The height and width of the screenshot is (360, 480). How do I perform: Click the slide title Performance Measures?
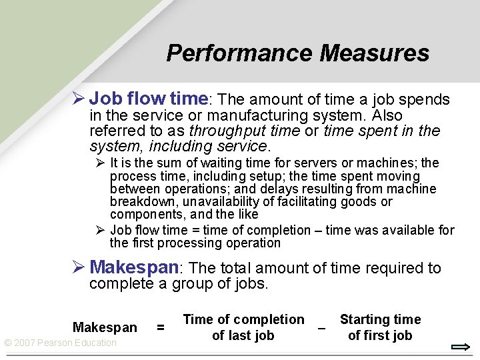297,53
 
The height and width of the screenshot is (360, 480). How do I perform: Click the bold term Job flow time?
149,99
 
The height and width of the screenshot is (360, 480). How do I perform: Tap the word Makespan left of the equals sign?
105,327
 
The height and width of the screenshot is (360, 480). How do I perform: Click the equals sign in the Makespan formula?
160,327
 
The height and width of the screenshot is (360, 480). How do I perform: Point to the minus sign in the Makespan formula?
322,328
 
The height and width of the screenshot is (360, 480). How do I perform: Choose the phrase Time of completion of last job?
243,327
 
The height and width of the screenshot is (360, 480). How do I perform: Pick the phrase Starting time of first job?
380,327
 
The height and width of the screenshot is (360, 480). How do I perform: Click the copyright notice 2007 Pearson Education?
60,343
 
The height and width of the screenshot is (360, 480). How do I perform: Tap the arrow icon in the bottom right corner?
461,347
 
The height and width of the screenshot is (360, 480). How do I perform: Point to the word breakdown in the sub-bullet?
137,202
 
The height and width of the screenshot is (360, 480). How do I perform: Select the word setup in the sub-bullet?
269,177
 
